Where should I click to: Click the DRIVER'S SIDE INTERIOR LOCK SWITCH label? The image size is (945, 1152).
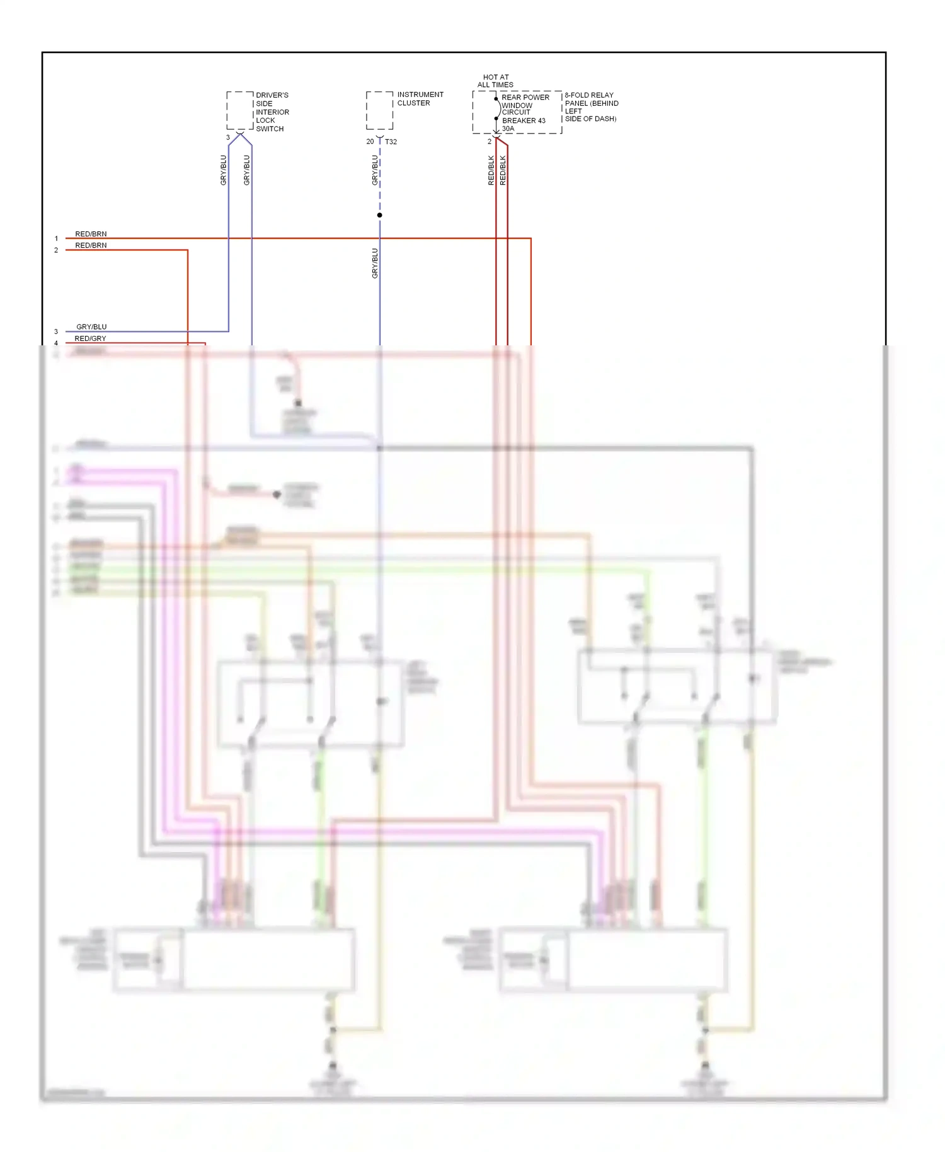(272, 112)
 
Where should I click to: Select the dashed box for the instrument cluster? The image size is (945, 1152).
(379, 110)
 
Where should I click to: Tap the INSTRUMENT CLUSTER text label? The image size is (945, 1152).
(420, 99)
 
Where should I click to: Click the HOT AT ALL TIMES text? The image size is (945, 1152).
(495, 81)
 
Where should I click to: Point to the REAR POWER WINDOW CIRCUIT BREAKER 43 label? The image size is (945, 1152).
(524, 108)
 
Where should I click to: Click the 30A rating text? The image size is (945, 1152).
(508, 129)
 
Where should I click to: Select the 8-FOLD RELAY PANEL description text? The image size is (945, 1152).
(591, 107)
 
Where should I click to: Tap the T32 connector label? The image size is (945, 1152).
(391, 142)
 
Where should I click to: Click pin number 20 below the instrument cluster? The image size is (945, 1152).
(370, 142)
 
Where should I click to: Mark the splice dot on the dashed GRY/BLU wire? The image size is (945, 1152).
(379, 216)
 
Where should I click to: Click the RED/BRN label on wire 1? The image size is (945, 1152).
(91, 234)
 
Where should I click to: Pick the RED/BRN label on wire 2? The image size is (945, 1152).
(91, 245)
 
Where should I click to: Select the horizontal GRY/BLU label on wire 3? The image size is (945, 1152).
(91, 326)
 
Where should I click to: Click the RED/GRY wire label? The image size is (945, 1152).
(90, 338)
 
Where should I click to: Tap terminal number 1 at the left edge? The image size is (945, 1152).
(56, 239)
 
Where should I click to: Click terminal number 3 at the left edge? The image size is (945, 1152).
(56, 331)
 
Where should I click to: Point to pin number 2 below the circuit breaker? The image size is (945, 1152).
(489, 142)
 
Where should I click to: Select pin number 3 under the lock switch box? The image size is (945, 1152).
(228, 137)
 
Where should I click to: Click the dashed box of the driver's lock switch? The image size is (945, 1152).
(239, 111)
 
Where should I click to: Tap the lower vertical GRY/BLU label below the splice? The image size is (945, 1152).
(375, 263)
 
